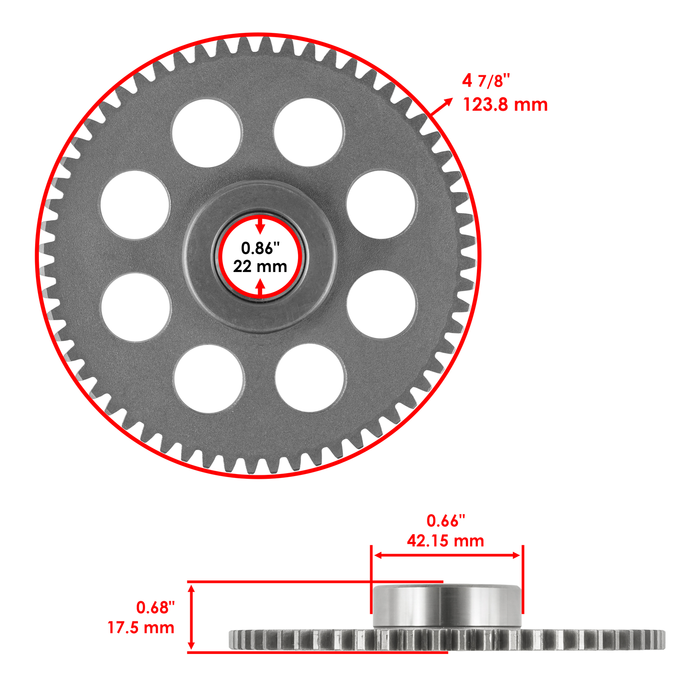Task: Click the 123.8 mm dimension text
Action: click(505, 105)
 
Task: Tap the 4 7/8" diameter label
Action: click(486, 81)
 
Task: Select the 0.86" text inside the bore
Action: click(260, 248)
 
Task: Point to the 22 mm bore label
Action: click(260, 266)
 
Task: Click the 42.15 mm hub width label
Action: click(445, 541)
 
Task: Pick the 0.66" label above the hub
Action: click(445, 521)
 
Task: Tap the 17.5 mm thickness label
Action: click(141, 628)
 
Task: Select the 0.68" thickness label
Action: click(155, 608)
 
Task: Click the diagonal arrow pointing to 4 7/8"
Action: click(441, 107)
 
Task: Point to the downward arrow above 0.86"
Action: click(260, 226)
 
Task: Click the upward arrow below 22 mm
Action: click(260, 288)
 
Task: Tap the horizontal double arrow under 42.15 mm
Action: click(447, 555)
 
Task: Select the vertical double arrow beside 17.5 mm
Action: click(192, 617)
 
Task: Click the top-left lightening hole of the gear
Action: click(206, 133)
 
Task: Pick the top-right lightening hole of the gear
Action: click(309, 132)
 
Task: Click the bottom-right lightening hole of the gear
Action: click(310, 378)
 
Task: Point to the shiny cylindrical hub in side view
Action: click(447, 605)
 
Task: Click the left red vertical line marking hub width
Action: click(371, 580)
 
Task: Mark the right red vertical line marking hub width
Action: click(523, 580)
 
